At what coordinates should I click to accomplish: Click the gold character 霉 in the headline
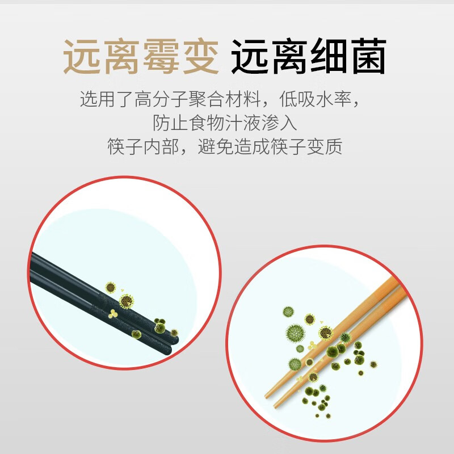(160, 57)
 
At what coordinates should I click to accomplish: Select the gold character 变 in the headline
(199, 57)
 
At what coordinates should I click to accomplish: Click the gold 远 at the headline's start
(82, 57)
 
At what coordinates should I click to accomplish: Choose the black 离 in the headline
(288, 57)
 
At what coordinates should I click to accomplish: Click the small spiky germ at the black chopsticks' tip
(174, 333)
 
